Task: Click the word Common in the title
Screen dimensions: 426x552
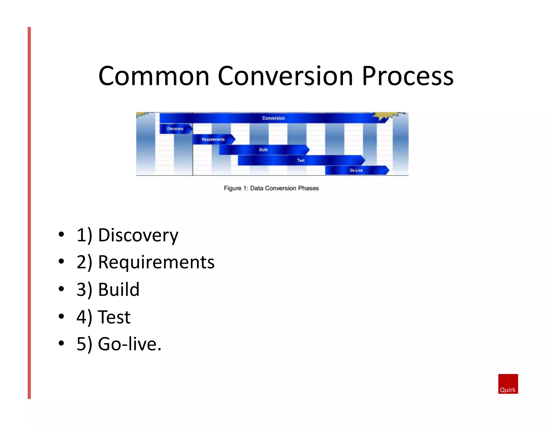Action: click(x=154, y=76)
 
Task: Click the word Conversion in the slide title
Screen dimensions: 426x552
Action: click(x=285, y=76)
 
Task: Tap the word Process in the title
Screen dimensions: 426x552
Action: click(x=408, y=76)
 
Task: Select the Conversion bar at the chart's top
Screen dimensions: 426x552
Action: click(x=273, y=118)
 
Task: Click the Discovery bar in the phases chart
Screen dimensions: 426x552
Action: click(x=175, y=129)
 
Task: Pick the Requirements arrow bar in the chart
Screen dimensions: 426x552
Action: click(x=213, y=139)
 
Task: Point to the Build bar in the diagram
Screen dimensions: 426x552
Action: click(x=263, y=150)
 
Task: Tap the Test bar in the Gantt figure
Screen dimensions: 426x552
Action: click(x=301, y=160)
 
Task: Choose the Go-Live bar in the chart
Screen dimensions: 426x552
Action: click(x=356, y=170)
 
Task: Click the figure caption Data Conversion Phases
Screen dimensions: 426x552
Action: click(x=271, y=188)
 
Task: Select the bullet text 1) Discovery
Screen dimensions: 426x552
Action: click(x=127, y=235)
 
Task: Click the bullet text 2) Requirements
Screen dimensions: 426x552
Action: click(x=146, y=262)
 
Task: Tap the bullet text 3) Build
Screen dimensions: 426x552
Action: click(x=108, y=290)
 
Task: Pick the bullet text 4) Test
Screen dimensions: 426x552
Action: click(x=103, y=317)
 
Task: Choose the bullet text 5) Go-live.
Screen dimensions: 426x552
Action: click(x=119, y=344)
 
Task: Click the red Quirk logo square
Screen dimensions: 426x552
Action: click(x=508, y=383)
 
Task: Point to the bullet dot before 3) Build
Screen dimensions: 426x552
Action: click(x=61, y=289)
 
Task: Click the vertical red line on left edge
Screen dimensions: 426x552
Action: click(x=29, y=213)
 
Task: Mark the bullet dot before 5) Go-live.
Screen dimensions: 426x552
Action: click(x=61, y=343)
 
